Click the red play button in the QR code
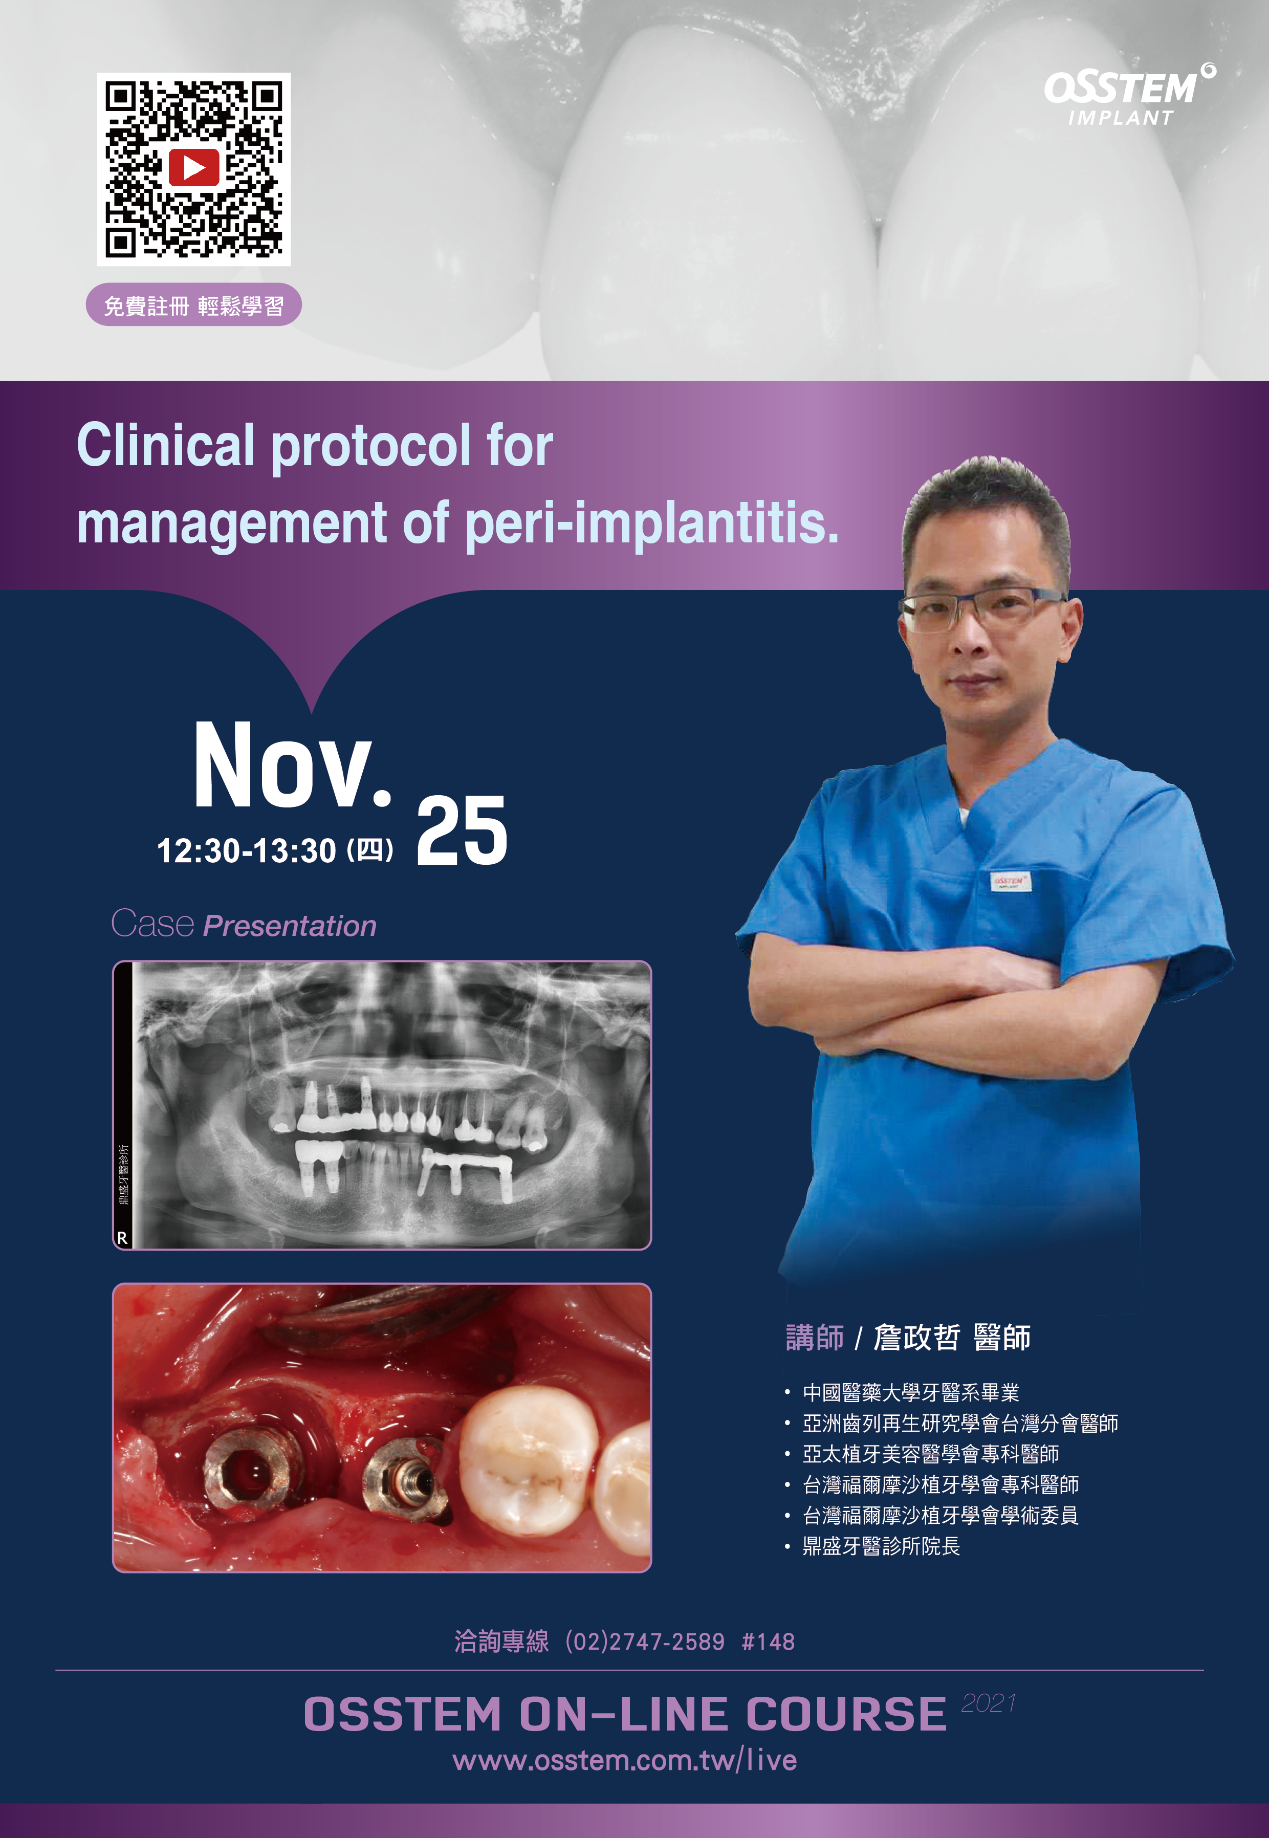pos(193,168)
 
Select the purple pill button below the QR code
pos(193,304)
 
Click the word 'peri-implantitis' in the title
pos(651,524)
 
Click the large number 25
pos(461,832)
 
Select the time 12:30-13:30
pos(247,850)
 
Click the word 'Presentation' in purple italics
pos(290,926)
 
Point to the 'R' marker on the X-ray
pos(122,1238)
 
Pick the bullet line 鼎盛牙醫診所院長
pos(881,1546)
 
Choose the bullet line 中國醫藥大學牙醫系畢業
pos(910,1392)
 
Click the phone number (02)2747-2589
pos(645,1642)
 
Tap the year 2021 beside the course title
pos(988,1703)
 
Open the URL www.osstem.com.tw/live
pos(624,1760)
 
